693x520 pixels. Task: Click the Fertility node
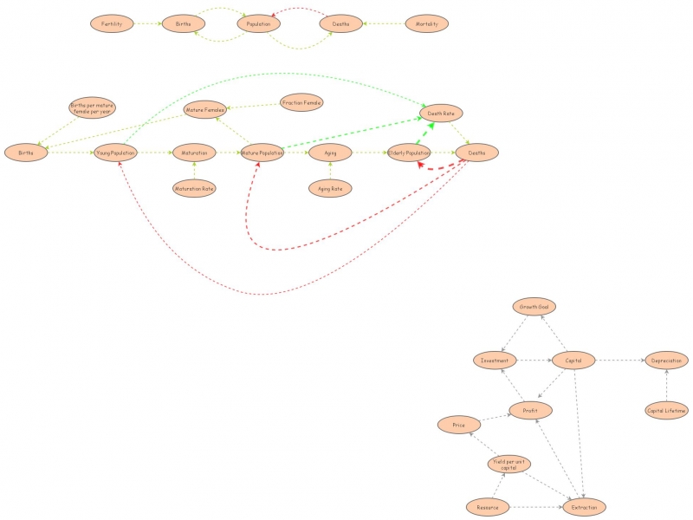pyautogui.click(x=112, y=24)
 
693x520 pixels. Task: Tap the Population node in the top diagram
pyautogui.click(x=259, y=24)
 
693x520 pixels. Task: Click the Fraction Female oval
pyautogui.click(x=301, y=103)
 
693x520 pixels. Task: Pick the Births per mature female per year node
pyautogui.click(x=91, y=108)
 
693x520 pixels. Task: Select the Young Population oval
pyautogui.click(x=116, y=153)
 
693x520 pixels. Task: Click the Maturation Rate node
pyautogui.click(x=194, y=187)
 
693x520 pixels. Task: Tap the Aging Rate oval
pyautogui.click(x=331, y=187)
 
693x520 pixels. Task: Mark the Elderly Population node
pyautogui.click(x=410, y=153)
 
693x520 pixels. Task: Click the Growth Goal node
pyautogui.click(x=533, y=307)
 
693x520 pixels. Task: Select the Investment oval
pyautogui.click(x=495, y=360)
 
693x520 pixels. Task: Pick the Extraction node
pyautogui.click(x=585, y=507)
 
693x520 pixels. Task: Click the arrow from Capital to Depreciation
pyautogui.click(x=620, y=360)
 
